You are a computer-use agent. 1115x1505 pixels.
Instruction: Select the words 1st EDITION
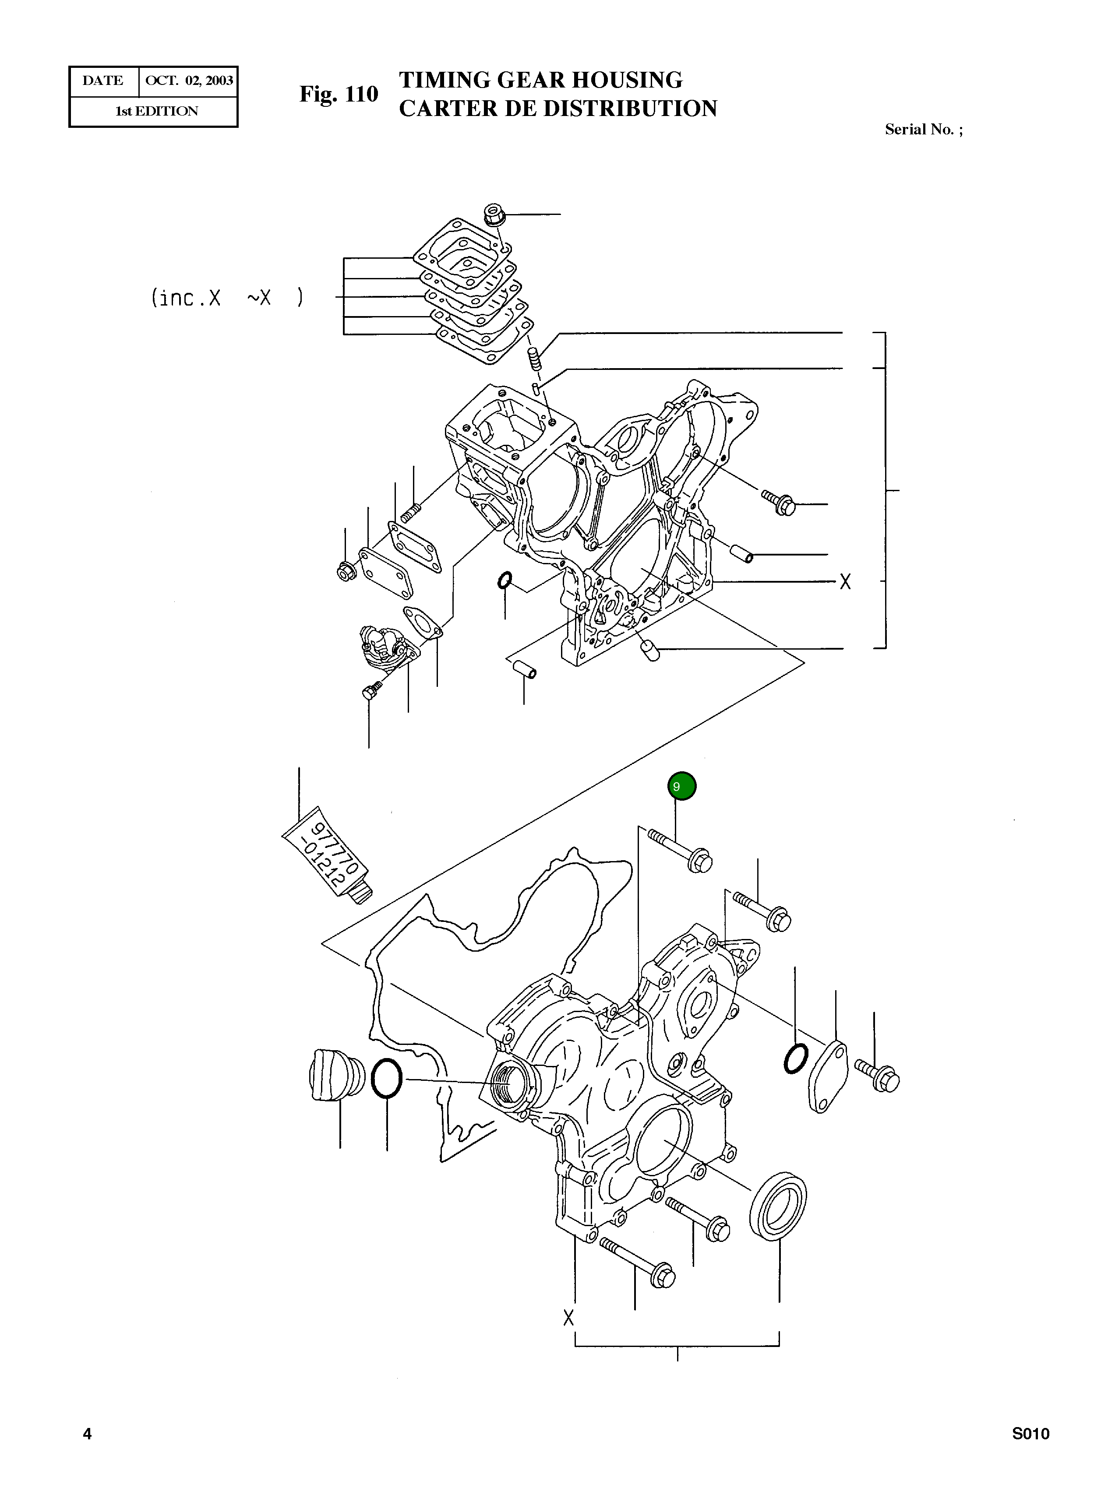(157, 111)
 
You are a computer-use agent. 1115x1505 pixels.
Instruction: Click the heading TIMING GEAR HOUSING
(540, 80)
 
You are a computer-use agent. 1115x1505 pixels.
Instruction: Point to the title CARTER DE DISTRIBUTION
(557, 109)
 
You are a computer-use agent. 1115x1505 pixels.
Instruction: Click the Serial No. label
(923, 130)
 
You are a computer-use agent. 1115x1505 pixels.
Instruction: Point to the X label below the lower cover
(568, 1318)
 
